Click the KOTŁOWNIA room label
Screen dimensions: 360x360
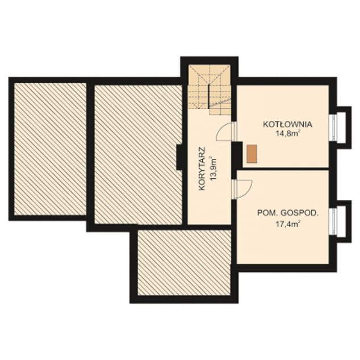coord(287,124)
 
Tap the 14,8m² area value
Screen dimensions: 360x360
coord(288,133)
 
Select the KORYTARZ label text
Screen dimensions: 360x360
coord(202,169)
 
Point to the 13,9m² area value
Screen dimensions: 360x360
coord(213,169)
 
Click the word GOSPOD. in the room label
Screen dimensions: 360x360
coord(300,213)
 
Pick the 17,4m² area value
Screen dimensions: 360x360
coord(288,224)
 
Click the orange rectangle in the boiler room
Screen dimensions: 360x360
coord(252,154)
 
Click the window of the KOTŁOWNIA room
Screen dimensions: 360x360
coord(333,127)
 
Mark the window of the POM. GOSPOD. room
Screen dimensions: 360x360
coord(333,221)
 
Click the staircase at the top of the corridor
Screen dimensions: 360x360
coord(210,90)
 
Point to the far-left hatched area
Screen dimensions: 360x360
coord(51,149)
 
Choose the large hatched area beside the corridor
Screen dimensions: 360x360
coord(139,154)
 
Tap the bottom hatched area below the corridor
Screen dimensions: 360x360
coord(184,263)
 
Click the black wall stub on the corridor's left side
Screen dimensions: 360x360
coord(179,157)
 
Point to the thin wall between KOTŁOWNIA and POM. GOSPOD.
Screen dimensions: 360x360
coord(283,169)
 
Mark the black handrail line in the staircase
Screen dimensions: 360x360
coord(209,97)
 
